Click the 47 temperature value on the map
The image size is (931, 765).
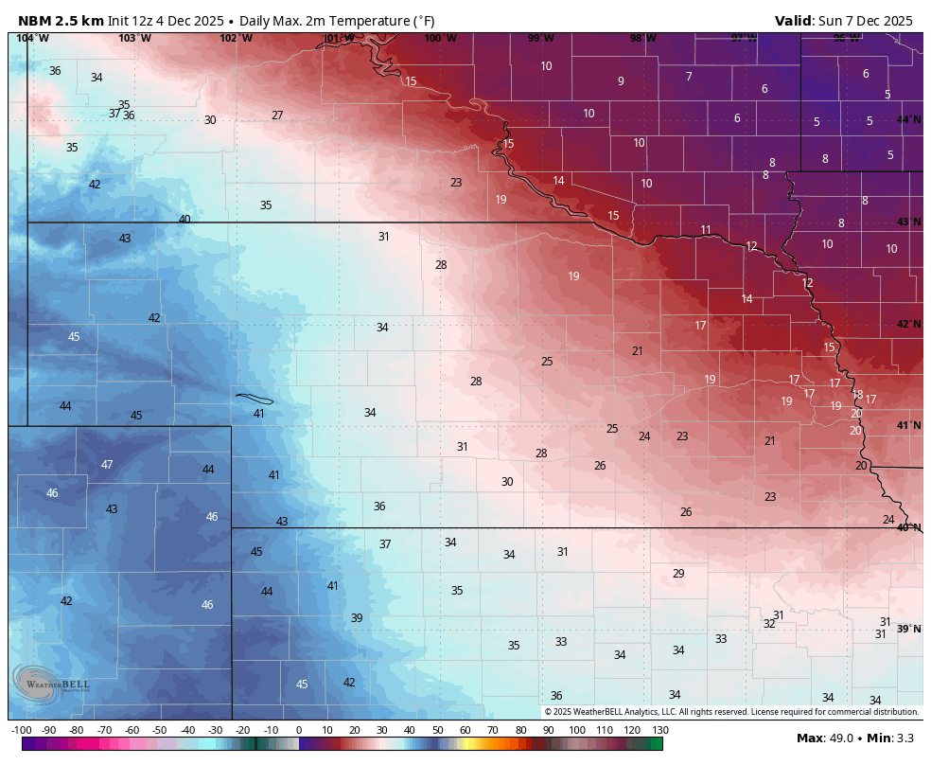click(107, 465)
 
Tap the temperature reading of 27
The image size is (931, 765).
click(277, 116)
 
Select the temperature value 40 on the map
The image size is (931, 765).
click(184, 220)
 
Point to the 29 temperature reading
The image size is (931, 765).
click(678, 574)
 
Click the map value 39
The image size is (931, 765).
click(357, 618)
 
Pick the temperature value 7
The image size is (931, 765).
click(689, 77)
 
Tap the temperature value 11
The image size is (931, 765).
click(706, 230)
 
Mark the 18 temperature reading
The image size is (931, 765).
click(857, 395)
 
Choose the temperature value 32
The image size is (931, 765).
click(769, 624)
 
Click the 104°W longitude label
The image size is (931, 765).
click(32, 38)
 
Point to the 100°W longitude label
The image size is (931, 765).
click(440, 38)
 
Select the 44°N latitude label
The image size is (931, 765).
click(908, 119)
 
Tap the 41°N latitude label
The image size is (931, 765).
click(908, 426)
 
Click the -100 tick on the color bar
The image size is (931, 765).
click(22, 730)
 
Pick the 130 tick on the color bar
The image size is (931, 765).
click(659, 730)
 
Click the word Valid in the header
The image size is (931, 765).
click(793, 20)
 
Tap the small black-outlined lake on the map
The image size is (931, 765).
click(254, 399)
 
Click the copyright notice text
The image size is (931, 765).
click(731, 712)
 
